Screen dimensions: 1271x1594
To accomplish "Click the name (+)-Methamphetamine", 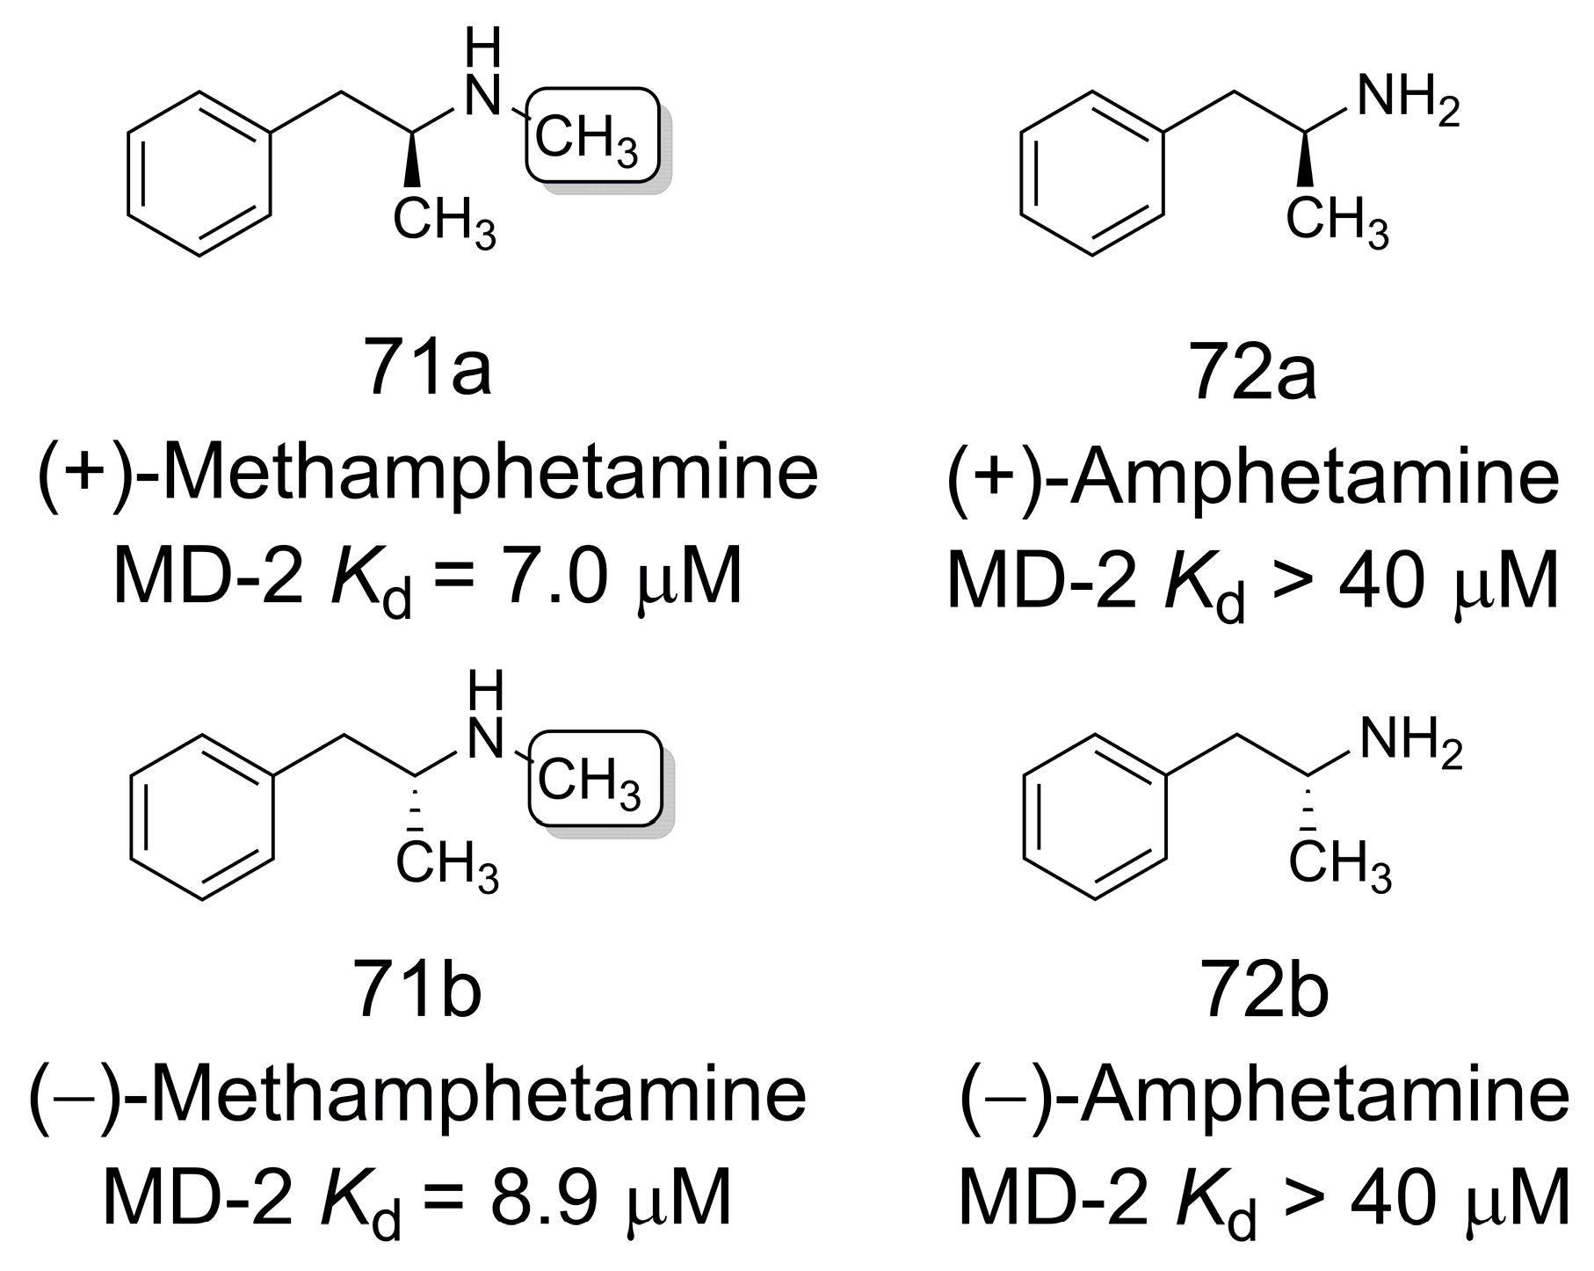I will click(x=428, y=476).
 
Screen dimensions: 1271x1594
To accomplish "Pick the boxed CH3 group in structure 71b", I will click(x=594, y=779).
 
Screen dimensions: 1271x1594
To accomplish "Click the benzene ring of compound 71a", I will click(x=199, y=172).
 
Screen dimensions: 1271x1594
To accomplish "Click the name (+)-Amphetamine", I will click(x=1253, y=476).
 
